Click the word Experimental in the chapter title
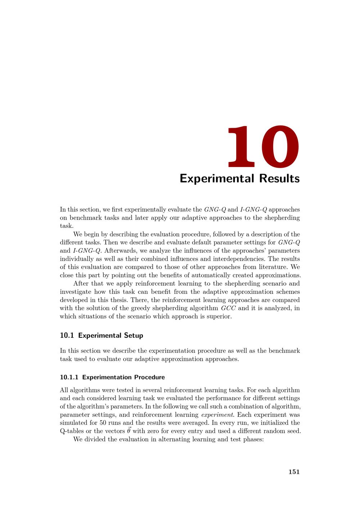[x=211, y=179]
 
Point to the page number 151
[x=294, y=472]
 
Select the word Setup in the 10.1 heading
[x=134, y=335]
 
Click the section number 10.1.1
[x=69, y=377]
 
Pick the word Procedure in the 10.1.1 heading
[x=149, y=377]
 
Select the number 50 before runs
[x=103, y=423]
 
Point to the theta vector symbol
[x=129, y=431]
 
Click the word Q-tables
[x=72, y=431]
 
